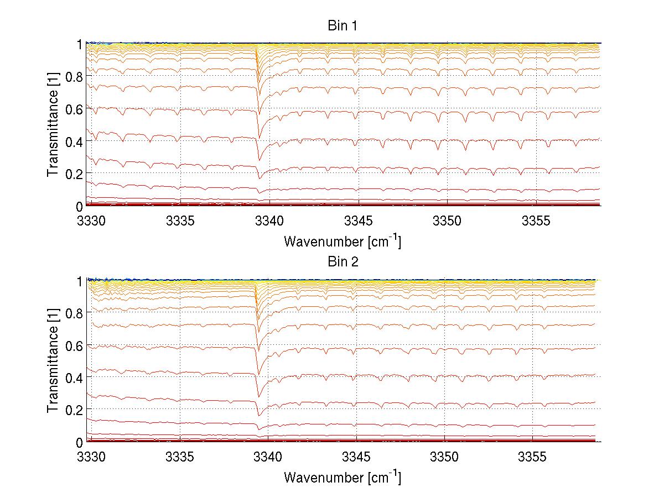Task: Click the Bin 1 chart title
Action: pyautogui.click(x=342, y=26)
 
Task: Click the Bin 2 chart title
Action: pyautogui.click(x=342, y=262)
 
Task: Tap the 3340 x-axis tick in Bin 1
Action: pyautogui.click(x=268, y=222)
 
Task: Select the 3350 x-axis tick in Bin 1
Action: pyautogui.click(x=445, y=222)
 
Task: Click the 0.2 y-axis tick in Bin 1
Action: pyautogui.click(x=74, y=174)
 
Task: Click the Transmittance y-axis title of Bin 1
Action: pyautogui.click(x=53, y=125)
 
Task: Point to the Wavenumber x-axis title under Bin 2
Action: pyautogui.click(x=342, y=477)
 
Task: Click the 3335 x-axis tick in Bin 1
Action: pyautogui.click(x=180, y=222)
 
